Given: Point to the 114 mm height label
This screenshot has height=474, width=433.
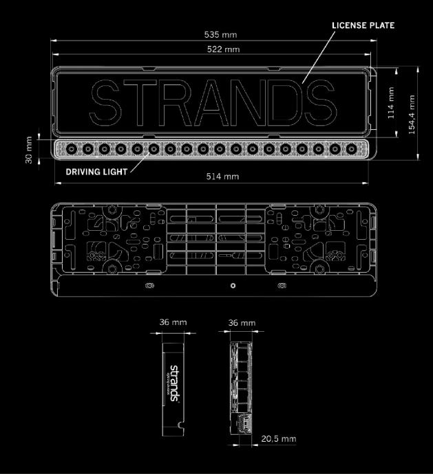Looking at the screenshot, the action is [x=390, y=102].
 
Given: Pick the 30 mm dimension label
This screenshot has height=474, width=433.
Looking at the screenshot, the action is [x=29, y=145].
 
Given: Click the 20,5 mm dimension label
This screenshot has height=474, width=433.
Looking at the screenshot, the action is [x=280, y=438].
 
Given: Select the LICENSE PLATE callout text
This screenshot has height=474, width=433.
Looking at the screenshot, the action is [x=363, y=25].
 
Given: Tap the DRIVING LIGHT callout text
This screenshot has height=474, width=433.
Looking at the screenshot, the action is [x=96, y=172].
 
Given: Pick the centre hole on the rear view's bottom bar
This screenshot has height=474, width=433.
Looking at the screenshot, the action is [x=233, y=284].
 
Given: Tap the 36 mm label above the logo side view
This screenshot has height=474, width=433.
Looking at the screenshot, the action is [x=172, y=322].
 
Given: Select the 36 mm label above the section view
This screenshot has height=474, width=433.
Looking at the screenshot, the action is [x=242, y=322].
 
